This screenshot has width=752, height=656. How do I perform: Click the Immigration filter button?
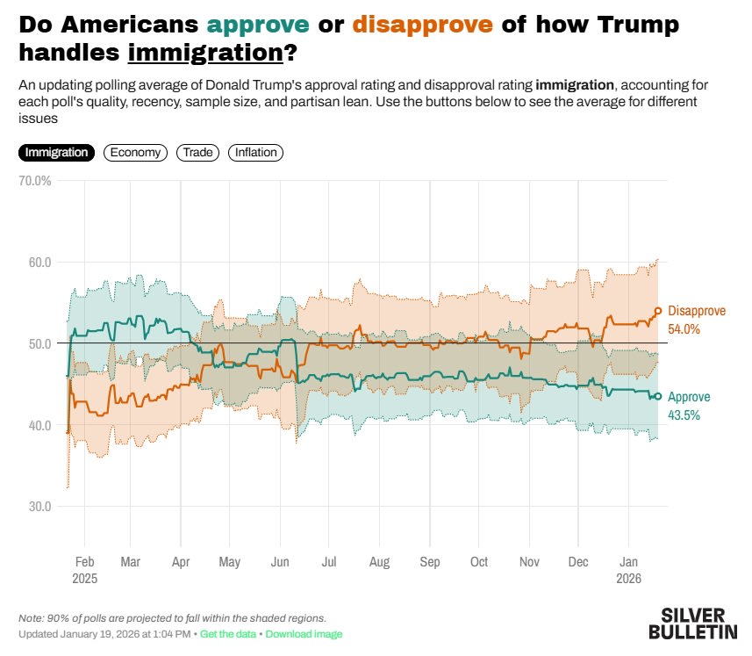(57, 153)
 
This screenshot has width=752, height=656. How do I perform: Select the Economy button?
(135, 153)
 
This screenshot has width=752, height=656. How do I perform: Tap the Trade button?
(198, 153)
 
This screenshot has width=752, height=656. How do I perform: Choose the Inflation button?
(255, 153)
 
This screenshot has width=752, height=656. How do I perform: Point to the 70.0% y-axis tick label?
(35, 181)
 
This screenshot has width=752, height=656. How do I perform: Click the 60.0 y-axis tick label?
(39, 263)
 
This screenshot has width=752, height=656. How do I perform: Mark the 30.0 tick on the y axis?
(39, 507)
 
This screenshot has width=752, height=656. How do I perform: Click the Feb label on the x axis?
(85, 562)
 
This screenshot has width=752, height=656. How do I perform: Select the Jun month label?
(281, 562)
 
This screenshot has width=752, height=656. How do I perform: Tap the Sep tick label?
(430, 562)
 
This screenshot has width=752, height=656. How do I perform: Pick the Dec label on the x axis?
(579, 562)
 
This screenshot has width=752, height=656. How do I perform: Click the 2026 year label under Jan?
(629, 580)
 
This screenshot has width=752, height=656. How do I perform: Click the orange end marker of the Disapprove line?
(658, 311)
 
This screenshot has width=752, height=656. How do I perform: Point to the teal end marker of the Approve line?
(657, 396)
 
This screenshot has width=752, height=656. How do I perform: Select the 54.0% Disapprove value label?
(684, 329)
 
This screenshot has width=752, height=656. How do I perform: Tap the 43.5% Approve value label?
(684, 415)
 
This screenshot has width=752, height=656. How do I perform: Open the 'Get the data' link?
(229, 634)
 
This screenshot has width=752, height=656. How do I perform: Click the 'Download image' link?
(304, 634)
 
